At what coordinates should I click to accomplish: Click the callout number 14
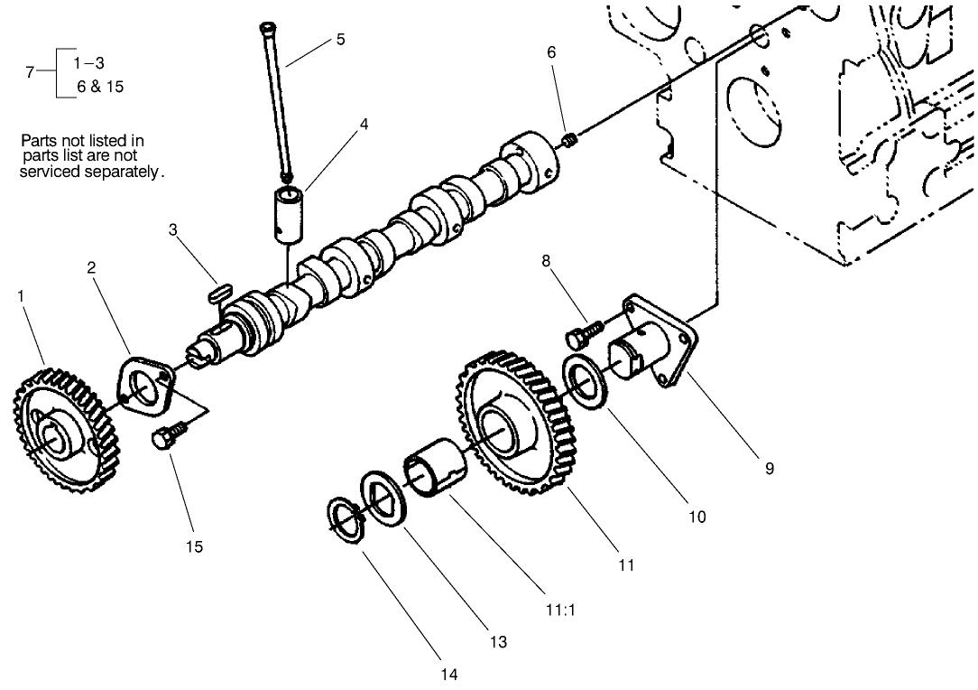tap(448, 674)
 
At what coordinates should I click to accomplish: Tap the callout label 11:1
tap(560, 610)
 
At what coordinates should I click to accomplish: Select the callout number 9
tap(769, 469)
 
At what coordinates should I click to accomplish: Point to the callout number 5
tap(340, 40)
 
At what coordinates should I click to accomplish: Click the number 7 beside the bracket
tap(31, 72)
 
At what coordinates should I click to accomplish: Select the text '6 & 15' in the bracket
tap(99, 88)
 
